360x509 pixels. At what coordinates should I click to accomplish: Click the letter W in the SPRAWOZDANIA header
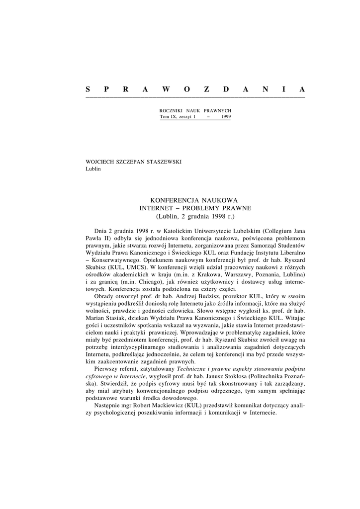click(x=166, y=89)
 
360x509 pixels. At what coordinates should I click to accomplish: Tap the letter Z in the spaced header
click(x=206, y=89)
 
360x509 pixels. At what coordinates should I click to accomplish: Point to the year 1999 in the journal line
click(x=224, y=116)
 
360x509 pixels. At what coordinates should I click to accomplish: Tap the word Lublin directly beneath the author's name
click(x=93, y=168)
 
